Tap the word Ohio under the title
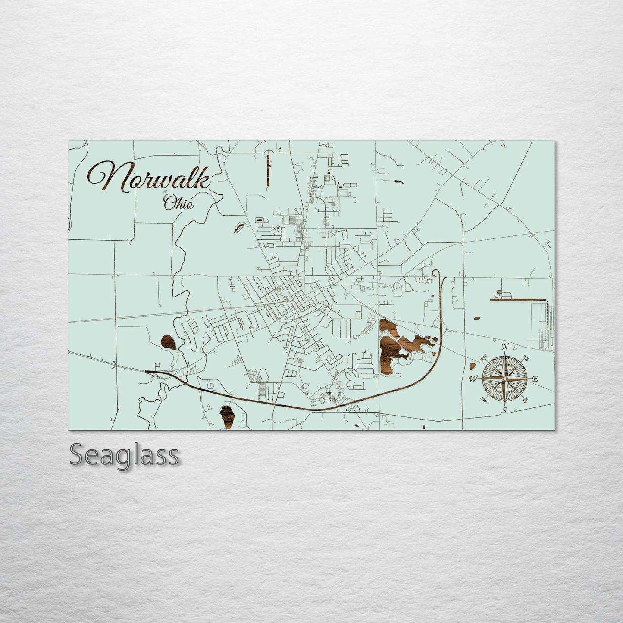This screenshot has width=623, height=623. [178, 203]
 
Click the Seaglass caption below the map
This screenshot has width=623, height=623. [124, 455]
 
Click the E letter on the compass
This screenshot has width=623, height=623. [535, 379]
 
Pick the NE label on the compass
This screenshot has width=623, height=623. [526, 357]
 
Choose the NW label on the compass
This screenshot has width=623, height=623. [484, 357]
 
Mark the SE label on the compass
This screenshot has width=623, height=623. [526, 400]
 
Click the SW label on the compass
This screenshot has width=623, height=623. [484, 400]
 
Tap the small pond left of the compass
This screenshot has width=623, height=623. [472, 366]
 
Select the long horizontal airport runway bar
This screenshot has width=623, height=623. [518, 298]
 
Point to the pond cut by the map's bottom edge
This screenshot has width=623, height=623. [228, 417]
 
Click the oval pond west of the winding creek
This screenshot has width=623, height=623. [168, 342]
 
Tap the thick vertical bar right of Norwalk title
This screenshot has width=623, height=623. [268, 169]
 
